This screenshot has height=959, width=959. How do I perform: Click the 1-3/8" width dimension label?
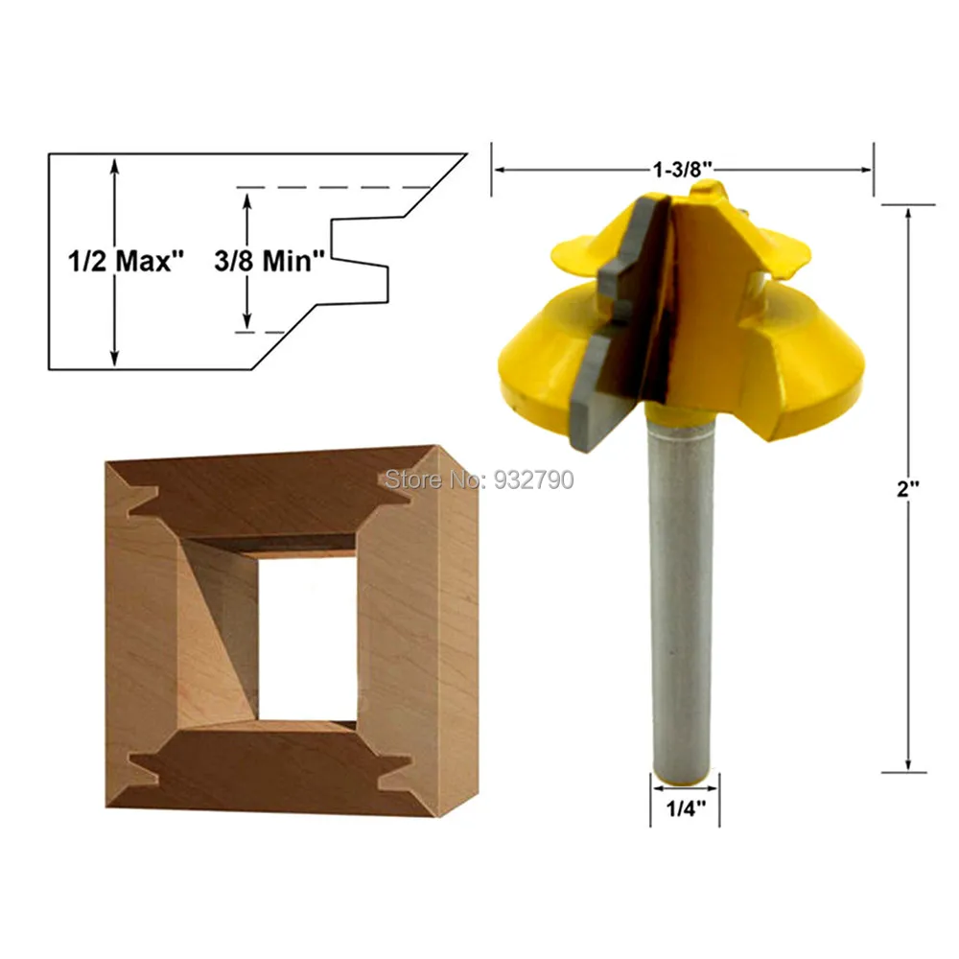pos(683,169)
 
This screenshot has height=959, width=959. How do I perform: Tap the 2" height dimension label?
pos(908,489)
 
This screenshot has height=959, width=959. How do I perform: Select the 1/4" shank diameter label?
pos(686,808)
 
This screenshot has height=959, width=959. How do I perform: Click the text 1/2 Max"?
pos(126,261)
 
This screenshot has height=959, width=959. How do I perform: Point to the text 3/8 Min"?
pos(269,261)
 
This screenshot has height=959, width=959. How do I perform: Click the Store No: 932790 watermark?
pos(479,479)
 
